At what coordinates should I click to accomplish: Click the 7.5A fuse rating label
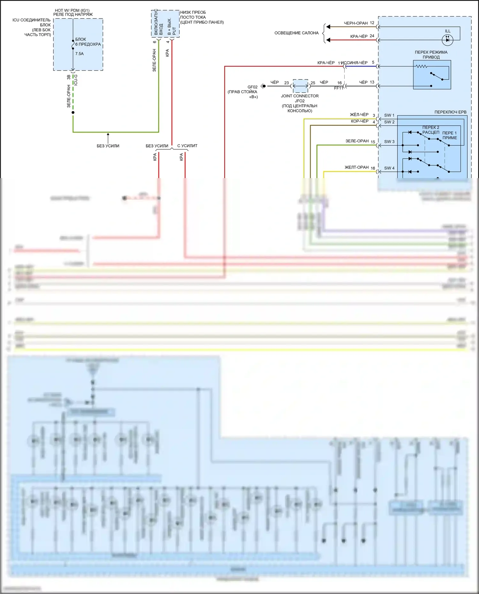coord(79,54)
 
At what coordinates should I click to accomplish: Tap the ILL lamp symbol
coord(447,40)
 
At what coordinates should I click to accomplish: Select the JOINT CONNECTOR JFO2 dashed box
coord(300,86)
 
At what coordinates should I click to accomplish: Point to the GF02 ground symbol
coord(263,86)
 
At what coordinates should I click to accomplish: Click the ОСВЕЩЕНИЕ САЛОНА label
coord(296,33)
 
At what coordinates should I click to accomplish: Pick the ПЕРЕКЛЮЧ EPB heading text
coord(450,112)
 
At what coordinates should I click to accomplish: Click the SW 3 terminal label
coord(389,141)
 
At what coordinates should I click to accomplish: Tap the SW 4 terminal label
coord(389,168)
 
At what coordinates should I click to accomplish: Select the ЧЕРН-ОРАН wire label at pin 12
coord(356,23)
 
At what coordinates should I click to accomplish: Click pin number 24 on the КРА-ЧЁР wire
coord(372,36)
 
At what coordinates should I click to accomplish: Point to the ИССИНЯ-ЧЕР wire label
coord(355,63)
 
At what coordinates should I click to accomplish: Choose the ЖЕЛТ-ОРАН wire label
coord(356,167)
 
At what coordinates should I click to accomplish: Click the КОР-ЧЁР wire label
coord(360,121)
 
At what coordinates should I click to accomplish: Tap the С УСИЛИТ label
coord(187,146)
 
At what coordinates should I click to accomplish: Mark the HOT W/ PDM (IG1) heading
coord(72,11)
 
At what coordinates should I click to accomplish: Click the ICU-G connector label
coord(76,80)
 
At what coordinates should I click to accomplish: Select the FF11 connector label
coord(338,88)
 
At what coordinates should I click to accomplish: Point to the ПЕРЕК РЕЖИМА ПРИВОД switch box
coord(432,75)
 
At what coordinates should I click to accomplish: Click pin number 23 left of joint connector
coord(286,83)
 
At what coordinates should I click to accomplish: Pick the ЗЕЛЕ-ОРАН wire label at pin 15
coord(357,141)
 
